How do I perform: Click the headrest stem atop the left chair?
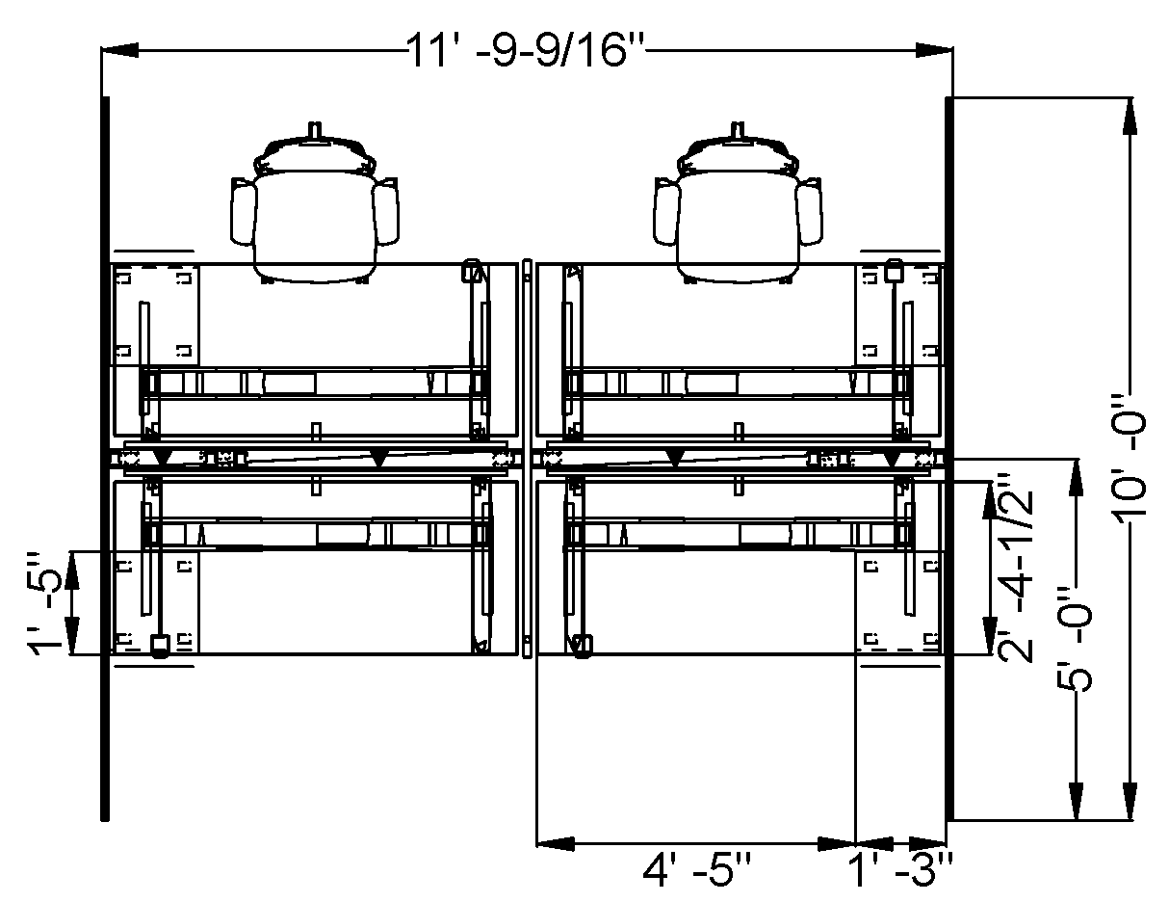312,130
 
